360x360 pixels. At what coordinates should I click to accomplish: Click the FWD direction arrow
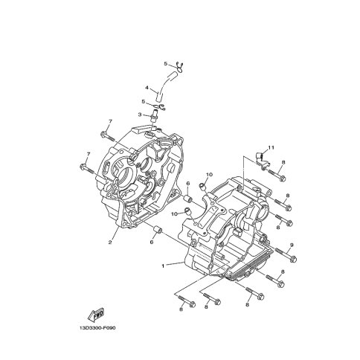coord(96,314)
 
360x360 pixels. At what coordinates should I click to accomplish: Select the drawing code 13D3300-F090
coord(97,328)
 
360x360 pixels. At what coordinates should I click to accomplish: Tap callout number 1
coord(163,266)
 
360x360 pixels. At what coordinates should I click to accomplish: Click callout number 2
coord(110,242)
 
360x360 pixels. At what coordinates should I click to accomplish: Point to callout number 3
coord(140,115)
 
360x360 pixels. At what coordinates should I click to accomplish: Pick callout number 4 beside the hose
coord(147,88)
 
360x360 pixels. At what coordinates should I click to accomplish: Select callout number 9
coord(292,245)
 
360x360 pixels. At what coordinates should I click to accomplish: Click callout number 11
coord(271,147)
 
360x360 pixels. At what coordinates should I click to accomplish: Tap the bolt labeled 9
coord(286,254)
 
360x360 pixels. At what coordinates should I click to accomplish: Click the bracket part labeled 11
coord(262,160)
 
